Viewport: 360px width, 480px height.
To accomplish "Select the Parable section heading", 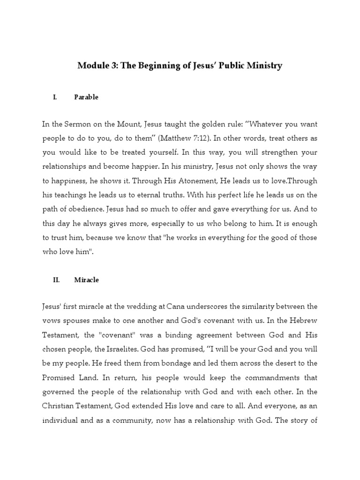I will pyautogui.click(x=86, y=97).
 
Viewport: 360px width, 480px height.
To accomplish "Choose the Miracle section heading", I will pyautogui.click(x=86, y=280).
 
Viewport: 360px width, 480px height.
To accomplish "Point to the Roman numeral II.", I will pyautogui.click(x=56, y=280).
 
